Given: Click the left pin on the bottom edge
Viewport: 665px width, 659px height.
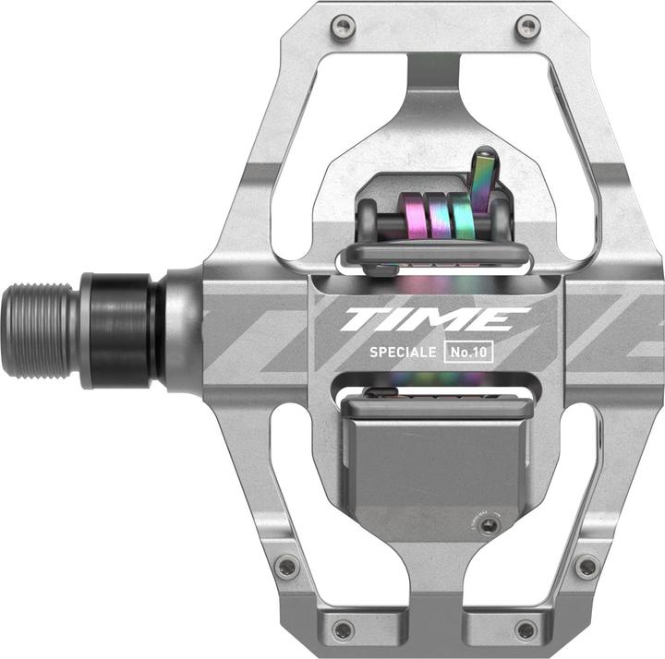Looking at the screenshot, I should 344,629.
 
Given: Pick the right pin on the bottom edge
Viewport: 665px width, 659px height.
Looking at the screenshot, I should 525,629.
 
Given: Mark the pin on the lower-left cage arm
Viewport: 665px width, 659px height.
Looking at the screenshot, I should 287,567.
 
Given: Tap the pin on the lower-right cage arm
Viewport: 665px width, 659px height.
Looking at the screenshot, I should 585,567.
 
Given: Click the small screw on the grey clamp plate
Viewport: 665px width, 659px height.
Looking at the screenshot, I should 490,525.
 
